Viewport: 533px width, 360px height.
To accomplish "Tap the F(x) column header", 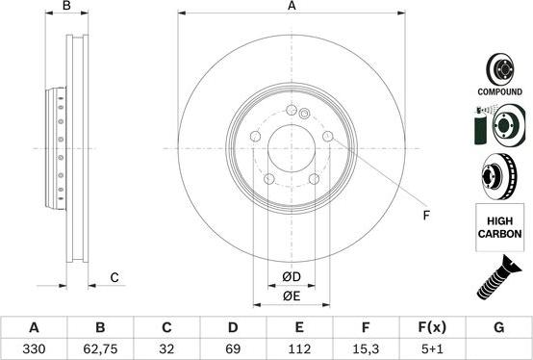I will point(432,327).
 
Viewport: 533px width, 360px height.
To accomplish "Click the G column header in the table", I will point(498,327).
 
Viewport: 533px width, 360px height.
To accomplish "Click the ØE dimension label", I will point(292,296).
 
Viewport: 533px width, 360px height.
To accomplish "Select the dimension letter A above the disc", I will point(292,7).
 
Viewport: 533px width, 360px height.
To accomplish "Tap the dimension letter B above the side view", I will point(67,7).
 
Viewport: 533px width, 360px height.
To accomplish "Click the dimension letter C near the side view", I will point(114,278).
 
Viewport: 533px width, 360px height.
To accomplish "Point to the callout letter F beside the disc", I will point(425,215).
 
